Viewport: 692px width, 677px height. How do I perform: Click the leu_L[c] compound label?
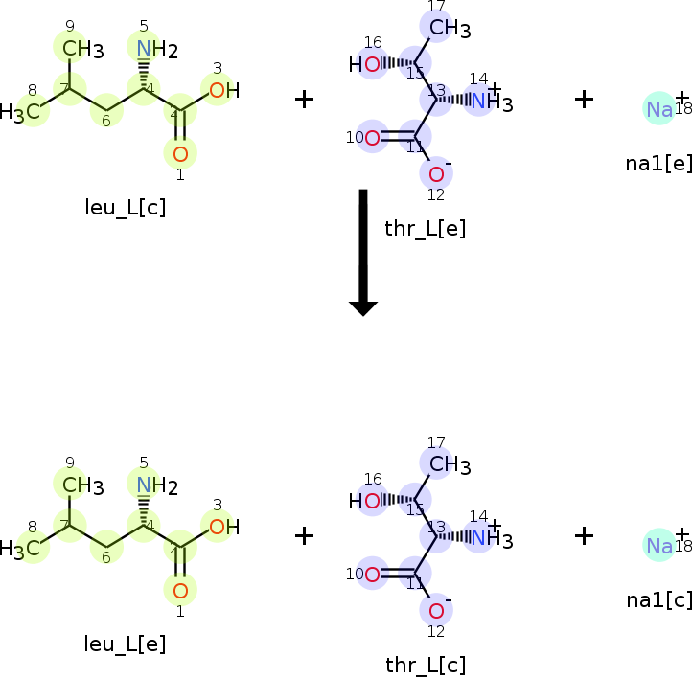(x=125, y=208)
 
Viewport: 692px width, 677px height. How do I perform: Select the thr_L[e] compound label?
(x=425, y=228)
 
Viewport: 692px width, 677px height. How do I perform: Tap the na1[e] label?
(x=658, y=163)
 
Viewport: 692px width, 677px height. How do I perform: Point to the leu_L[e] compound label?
(x=125, y=644)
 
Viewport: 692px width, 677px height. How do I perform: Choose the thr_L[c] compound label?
(x=425, y=665)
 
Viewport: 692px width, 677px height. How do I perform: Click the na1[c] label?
(x=658, y=599)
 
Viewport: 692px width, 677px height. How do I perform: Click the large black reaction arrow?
(x=363, y=251)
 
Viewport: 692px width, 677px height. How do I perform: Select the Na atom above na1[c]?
(x=659, y=545)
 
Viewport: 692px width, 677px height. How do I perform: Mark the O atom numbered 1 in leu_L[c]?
(x=180, y=153)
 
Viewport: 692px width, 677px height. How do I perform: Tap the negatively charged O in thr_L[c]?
(x=436, y=611)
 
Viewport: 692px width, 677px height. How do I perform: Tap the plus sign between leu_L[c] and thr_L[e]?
(x=304, y=100)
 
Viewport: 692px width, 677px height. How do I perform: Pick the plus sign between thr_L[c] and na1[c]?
(x=584, y=535)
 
